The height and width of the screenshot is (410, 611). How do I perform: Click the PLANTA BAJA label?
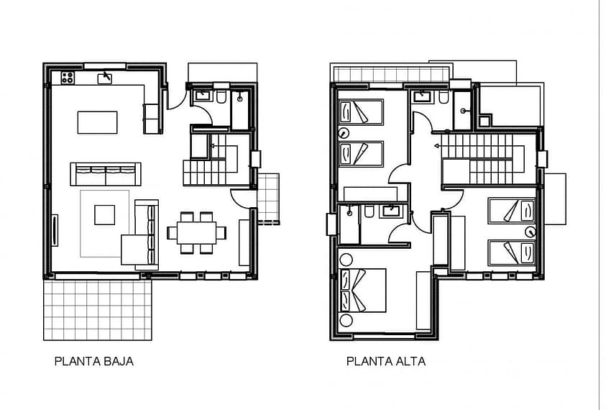94,361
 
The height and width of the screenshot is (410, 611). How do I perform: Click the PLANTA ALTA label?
386,361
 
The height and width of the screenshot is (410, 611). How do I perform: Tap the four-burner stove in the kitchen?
68,78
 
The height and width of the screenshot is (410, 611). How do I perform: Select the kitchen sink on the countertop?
104,78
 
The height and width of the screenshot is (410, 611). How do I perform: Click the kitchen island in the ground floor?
98,122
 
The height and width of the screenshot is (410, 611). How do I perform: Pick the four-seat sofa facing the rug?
106,174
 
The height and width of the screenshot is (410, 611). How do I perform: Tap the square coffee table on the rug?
104,215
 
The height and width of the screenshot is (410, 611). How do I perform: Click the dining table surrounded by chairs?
196,233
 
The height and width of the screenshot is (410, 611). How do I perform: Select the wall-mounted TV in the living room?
55,230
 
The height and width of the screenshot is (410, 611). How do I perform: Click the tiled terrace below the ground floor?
98,310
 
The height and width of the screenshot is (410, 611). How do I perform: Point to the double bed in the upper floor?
363,291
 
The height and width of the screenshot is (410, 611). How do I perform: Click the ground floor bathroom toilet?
221,97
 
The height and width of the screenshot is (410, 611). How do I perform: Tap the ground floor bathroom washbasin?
203,95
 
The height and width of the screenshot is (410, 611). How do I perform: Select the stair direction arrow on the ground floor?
213,146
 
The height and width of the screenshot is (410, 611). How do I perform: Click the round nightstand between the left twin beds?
344,133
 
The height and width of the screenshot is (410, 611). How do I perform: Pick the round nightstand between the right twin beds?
530,232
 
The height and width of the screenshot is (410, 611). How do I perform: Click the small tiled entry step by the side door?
269,199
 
